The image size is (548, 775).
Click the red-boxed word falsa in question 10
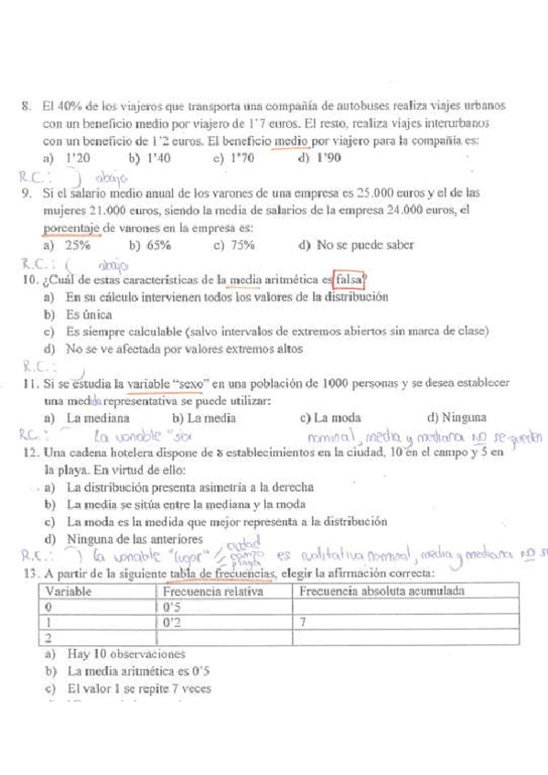tap(349, 280)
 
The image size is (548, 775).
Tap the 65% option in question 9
tap(147, 245)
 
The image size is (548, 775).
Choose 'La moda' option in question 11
tap(328, 419)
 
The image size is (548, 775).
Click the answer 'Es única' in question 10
tap(84, 314)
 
